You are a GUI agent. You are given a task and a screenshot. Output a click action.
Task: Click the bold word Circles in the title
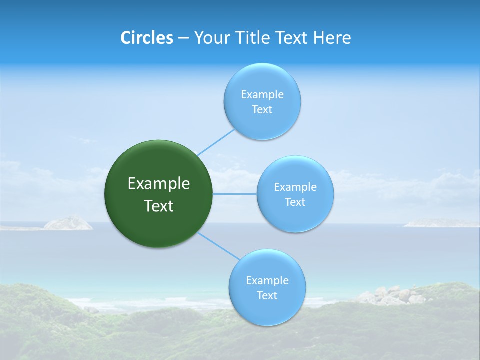(146, 38)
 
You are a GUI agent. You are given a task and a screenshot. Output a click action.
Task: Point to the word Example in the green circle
(159, 184)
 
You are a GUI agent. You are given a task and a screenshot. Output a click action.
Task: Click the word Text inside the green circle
(159, 206)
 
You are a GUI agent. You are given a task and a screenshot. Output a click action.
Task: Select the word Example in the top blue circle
(262, 95)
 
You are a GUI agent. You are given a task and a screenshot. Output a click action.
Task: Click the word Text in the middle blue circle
(295, 202)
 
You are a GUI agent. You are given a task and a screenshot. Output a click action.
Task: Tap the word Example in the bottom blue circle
(267, 281)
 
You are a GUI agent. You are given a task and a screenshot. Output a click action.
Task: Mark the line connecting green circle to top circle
(216, 142)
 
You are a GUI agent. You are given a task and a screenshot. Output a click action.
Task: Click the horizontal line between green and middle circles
(235, 194)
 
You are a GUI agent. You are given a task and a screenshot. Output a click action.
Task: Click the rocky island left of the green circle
(68, 223)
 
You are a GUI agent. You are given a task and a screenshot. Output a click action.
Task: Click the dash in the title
(183, 38)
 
